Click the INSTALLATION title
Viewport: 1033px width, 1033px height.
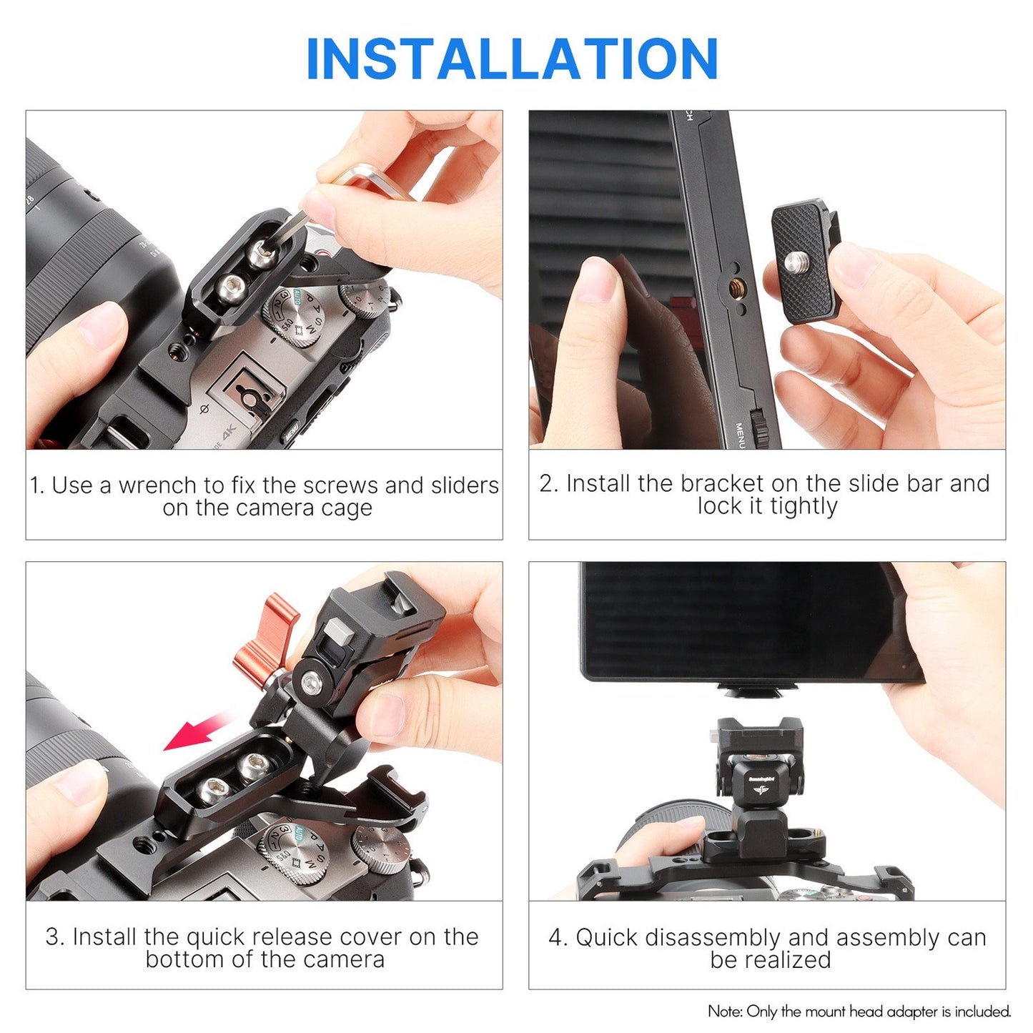point(512,59)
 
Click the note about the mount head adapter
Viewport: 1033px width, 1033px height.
point(859,1012)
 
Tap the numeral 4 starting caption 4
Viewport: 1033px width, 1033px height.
point(555,937)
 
